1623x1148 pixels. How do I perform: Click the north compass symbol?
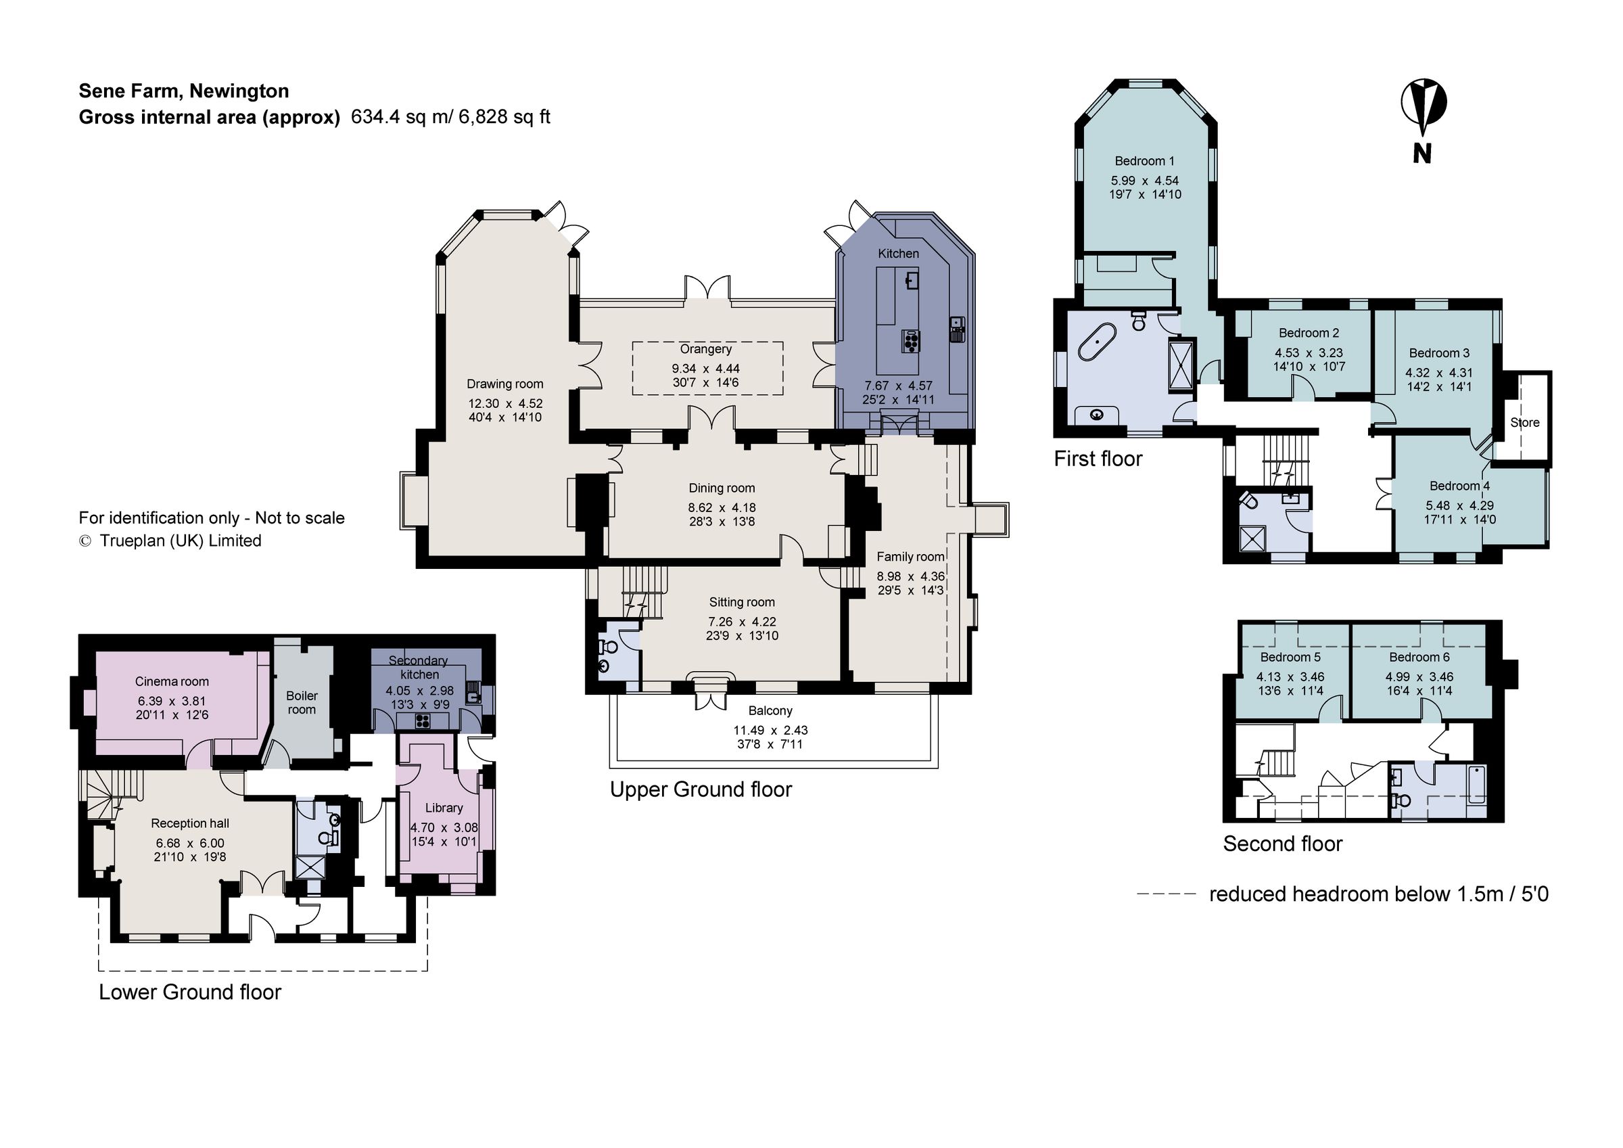click(x=1423, y=106)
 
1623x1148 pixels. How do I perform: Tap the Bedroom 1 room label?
click(x=1144, y=161)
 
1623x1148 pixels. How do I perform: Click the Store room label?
click(x=1525, y=422)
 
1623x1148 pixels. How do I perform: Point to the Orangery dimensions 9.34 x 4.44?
click(x=705, y=369)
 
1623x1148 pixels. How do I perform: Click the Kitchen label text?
click(x=898, y=253)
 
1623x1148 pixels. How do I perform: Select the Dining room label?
click(x=722, y=488)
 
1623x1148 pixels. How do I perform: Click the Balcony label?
click(x=770, y=710)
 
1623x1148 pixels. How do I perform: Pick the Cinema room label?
click(x=172, y=681)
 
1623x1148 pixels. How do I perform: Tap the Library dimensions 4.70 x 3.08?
click(x=444, y=827)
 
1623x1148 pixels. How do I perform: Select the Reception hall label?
click(x=189, y=823)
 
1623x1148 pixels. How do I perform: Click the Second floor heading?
click(x=1282, y=844)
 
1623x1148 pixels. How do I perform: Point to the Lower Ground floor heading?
click(x=189, y=992)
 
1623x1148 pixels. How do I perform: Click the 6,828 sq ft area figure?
click(x=504, y=117)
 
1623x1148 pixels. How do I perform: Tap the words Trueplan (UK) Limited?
click(x=181, y=541)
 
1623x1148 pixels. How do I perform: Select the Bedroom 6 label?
click(x=1419, y=657)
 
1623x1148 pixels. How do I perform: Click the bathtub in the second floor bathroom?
click(x=1477, y=784)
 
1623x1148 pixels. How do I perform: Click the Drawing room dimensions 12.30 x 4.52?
click(x=504, y=404)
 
